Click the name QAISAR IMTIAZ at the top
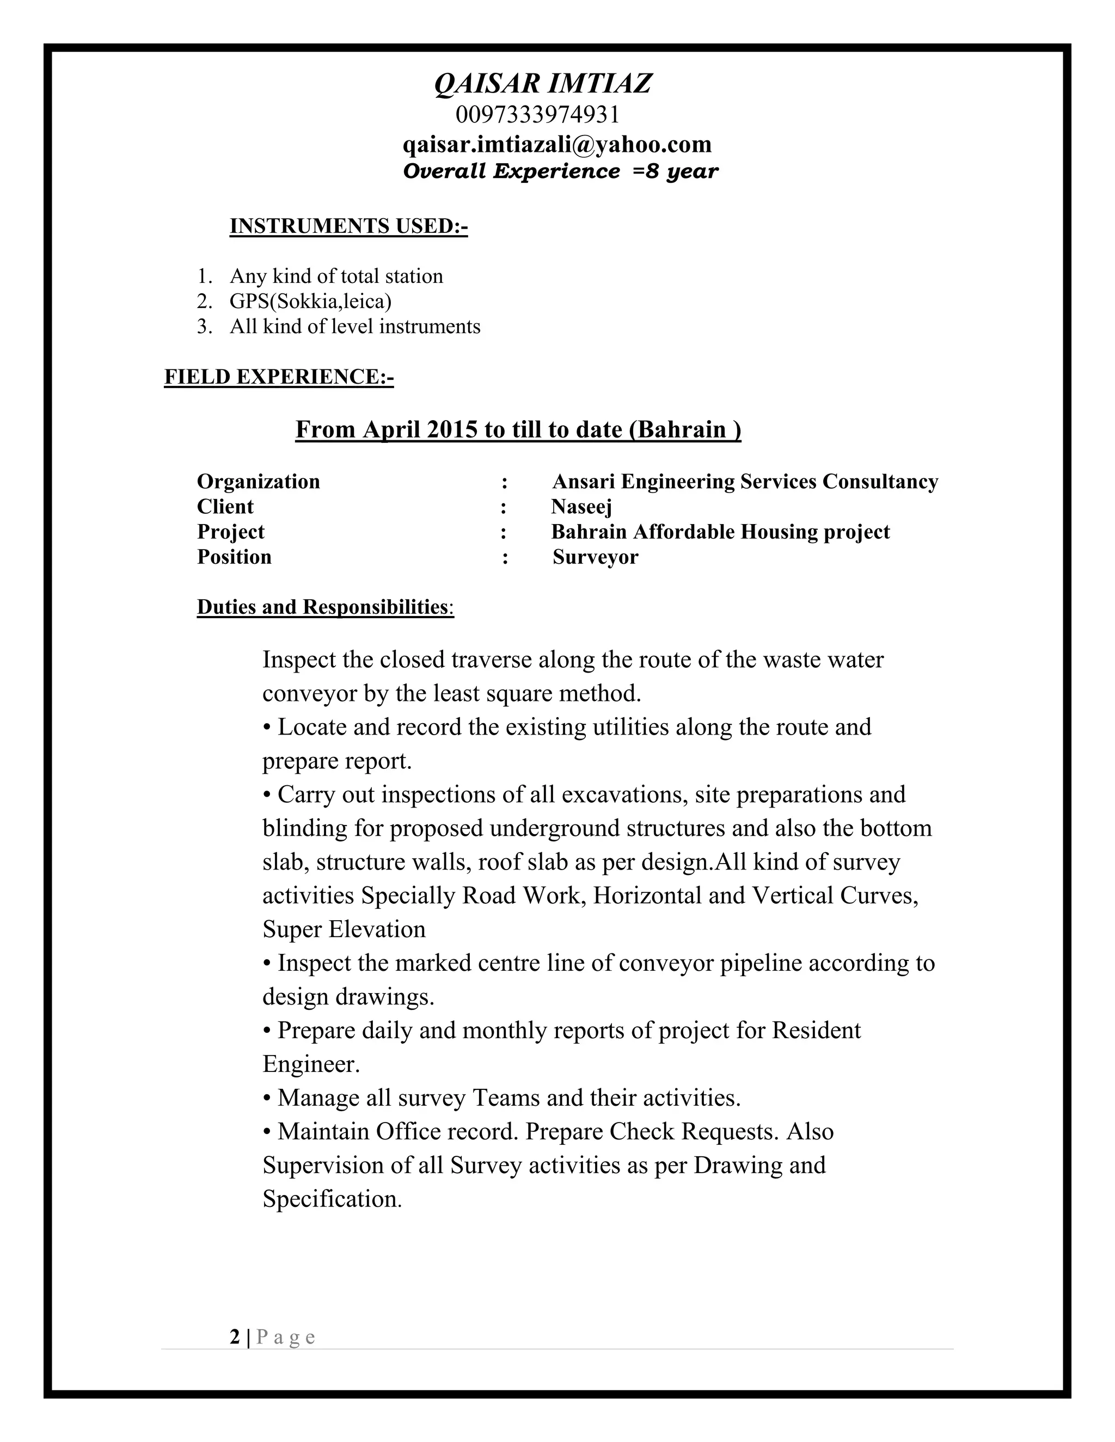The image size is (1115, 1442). (543, 84)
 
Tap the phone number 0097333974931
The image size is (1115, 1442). (538, 115)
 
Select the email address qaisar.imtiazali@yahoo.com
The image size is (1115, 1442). (557, 144)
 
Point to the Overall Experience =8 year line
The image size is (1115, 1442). (560, 171)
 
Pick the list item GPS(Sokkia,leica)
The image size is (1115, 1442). (310, 301)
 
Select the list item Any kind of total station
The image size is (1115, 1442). (336, 276)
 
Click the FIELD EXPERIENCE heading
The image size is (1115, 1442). (278, 377)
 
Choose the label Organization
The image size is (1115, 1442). (258, 482)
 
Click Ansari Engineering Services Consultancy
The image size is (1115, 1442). (744, 482)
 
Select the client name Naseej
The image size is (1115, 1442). (581, 507)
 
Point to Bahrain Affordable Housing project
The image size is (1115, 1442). (720, 532)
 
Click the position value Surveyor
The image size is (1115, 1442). (595, 557)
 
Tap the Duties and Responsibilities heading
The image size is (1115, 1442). (325, 607)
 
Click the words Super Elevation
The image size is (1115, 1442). (344, 929)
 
